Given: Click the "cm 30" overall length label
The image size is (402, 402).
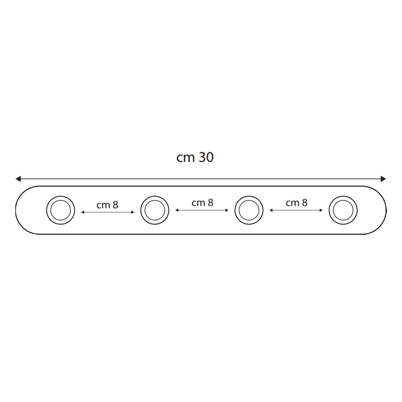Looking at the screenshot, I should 195,158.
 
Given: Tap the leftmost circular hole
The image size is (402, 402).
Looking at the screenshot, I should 61,210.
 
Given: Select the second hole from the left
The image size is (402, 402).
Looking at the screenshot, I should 155,210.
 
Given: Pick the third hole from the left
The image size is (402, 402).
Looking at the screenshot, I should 249,210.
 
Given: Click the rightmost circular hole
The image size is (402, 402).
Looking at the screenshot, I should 343,210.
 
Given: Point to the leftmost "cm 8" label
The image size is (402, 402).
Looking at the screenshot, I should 107,205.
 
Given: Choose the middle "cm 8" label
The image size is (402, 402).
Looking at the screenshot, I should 202,203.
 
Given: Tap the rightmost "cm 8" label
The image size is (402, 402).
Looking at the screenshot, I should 296,203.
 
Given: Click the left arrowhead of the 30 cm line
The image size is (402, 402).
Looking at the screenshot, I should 18,179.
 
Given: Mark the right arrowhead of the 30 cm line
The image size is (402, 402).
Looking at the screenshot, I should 384,179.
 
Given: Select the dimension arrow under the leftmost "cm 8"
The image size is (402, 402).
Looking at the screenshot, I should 107,212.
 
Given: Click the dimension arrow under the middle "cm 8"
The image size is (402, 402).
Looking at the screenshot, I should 202,210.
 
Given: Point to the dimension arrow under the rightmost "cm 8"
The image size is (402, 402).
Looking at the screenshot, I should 296,210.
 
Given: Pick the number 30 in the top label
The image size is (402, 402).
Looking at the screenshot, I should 206,158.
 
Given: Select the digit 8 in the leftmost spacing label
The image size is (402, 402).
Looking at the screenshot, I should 115,205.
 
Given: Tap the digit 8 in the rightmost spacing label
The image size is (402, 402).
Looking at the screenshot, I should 304,203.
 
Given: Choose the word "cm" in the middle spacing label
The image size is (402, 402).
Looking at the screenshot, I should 198,203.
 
